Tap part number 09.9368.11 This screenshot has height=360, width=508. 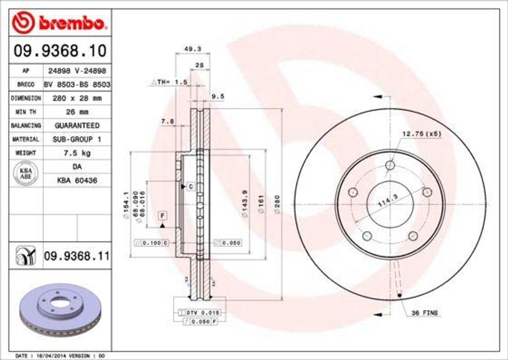(76, 256)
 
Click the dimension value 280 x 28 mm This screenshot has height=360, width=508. (77, 98)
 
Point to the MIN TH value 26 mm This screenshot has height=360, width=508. (77, 112)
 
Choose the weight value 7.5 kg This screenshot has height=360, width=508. (77, 153)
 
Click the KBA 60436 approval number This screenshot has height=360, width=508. (77, 181)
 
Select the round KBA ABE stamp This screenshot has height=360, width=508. (25, 174)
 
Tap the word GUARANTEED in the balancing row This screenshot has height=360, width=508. (77, 126)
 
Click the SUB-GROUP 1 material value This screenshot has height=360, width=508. (77, 140)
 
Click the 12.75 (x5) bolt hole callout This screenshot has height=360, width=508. (421, 134)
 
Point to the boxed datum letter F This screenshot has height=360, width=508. (162, 215)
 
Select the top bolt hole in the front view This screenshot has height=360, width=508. (390, 165)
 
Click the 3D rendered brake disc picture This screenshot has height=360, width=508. (60, 309)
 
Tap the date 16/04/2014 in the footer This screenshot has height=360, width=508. (49, 356)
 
